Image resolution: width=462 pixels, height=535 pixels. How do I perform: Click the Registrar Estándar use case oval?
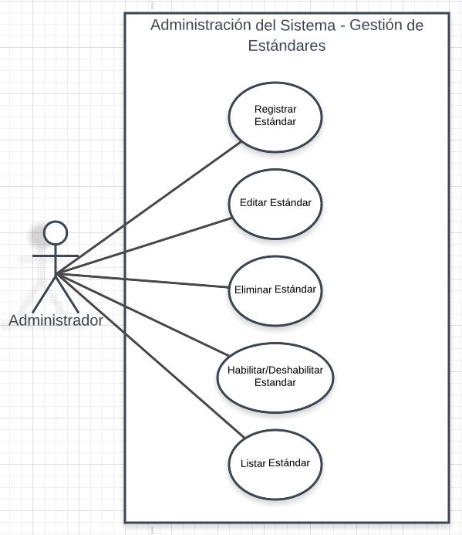coord(275,117)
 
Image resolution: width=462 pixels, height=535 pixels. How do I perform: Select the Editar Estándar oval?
coord(275,204)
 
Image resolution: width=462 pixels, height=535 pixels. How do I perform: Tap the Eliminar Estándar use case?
coord(275,291)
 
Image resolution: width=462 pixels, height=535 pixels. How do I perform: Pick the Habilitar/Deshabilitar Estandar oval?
coord(275,378)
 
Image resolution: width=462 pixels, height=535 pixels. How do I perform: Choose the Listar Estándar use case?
coord(275,465)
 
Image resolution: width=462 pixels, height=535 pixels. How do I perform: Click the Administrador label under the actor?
coord(56,320)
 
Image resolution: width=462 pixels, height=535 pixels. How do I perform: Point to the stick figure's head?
coord(56,232)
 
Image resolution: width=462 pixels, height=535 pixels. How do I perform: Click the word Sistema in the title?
coord(308,25)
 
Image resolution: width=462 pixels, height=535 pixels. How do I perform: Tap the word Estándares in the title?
coord(287,46)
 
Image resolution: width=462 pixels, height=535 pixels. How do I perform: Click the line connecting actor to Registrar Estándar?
coord(149,208)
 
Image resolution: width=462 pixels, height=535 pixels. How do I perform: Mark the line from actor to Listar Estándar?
coord(150,356)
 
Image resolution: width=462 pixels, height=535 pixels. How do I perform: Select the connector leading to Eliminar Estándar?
coord(143,280)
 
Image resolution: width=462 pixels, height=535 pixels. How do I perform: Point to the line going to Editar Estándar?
coord(144,245)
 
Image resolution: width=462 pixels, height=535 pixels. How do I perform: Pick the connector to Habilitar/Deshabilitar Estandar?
coord(143,314)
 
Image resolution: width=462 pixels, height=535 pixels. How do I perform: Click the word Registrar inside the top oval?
coord(275,110)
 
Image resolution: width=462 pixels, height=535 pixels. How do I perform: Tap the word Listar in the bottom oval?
coord(253,463)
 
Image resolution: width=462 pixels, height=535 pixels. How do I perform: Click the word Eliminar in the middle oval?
coord(253,290)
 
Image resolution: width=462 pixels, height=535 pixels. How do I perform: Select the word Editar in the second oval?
coord(253,203)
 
